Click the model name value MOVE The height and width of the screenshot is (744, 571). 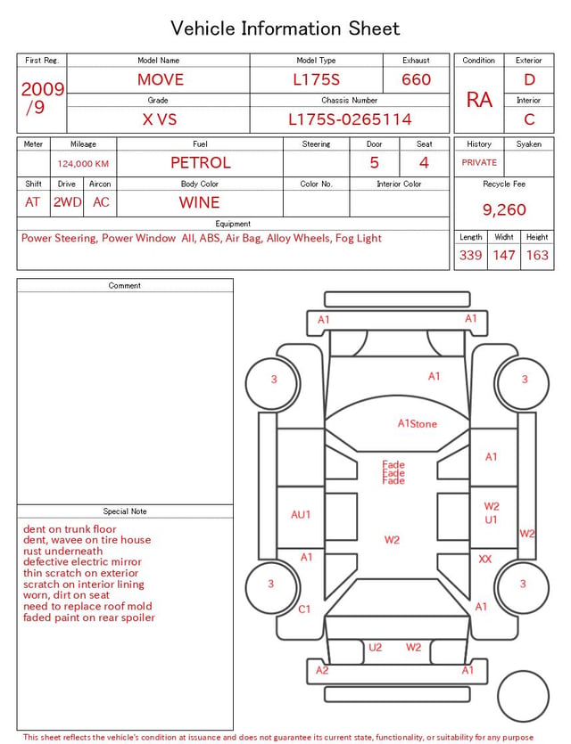point(161,79)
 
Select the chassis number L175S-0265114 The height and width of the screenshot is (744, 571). point(350,119)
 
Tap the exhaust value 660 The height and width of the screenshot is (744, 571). point(416,79)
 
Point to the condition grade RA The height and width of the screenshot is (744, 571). point(479,100)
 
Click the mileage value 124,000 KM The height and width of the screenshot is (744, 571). point(83,164)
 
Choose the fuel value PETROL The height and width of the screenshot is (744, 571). point(201,163)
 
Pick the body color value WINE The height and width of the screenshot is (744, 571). point(200,202)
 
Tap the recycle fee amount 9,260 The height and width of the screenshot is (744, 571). point(504,209)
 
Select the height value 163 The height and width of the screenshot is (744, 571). point(537,255)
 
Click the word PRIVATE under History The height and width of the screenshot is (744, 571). point(479,162)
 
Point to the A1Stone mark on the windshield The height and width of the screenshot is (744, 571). point(417,424)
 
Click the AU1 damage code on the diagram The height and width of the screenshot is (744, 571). point(301,514)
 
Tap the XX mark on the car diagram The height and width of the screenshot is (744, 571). point(485,559)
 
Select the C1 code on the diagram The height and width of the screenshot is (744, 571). point(304,609)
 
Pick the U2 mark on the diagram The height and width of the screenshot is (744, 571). point(376,647)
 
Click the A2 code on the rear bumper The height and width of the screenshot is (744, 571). point(322,670)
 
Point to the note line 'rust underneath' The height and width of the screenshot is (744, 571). point(62,551)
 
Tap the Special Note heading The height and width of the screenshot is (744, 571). point(125,511)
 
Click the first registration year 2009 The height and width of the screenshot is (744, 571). point(43,89)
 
